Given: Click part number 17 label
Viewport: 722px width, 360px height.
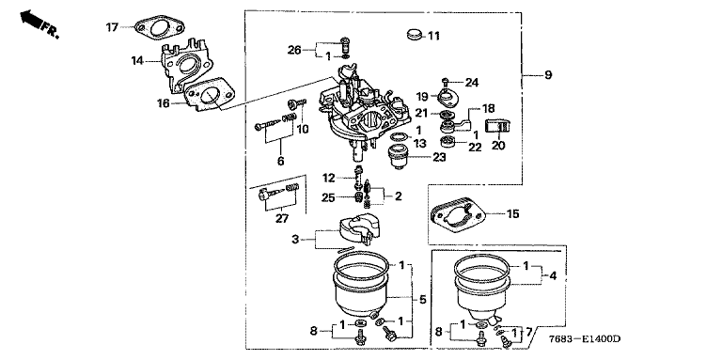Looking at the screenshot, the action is tap(112, 27).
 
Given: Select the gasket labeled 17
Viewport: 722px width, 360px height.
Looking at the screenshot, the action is tap(160, 27).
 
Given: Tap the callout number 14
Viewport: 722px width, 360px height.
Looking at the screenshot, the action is tap(136, 60).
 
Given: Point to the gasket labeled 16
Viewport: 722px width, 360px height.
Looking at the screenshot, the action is tap(209, 94).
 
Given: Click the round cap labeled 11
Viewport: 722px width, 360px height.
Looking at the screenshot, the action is tap(415, 34).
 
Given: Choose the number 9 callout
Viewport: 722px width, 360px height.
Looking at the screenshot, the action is tap(548, 74).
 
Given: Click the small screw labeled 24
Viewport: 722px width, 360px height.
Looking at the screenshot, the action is tap(446, 82).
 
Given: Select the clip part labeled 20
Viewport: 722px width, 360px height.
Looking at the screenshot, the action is tap(498, 127).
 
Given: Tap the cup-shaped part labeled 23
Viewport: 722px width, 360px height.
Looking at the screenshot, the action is tap(400, 156).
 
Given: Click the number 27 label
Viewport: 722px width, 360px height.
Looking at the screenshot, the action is tap(282, 219).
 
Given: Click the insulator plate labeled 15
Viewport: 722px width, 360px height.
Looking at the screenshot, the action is tap(458, 214).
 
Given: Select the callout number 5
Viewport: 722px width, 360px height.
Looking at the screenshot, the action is tap(423, 300).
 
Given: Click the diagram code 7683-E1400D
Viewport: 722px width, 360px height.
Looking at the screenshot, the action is tap(585, 339).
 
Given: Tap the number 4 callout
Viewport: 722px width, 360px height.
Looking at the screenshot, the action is tap(553, 276).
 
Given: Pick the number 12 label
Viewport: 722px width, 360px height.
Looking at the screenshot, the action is tap(329, 178).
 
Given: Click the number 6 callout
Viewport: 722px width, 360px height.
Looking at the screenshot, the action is tap(280, 161).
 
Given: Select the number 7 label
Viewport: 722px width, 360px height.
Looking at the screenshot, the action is tap(529, 331).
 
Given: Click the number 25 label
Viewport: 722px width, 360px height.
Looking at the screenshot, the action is tap(328, 198).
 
